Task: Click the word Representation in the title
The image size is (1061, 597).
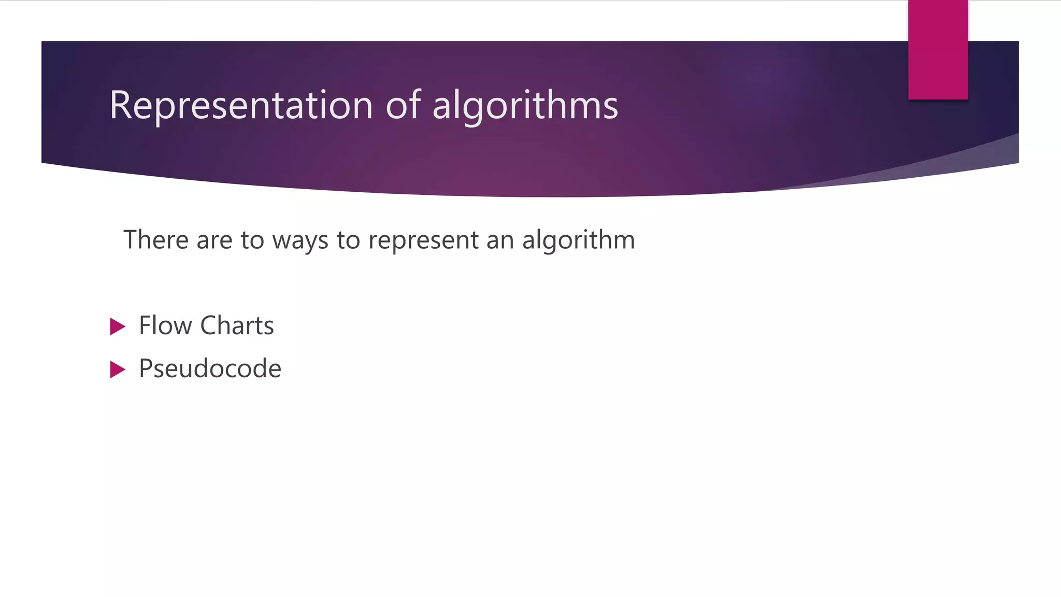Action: coord(241,106)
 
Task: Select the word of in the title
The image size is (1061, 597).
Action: coord(404,106)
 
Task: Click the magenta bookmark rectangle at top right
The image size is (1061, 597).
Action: coord(938,49)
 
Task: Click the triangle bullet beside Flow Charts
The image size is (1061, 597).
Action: coord(118,326)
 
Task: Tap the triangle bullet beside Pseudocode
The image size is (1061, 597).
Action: coord(118,369)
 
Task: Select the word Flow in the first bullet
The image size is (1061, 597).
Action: coord(165,326)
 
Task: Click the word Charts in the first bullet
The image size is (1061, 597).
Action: coord(237,326)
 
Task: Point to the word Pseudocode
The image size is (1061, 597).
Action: coord(210,369)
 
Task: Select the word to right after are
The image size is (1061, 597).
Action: coord(252,241)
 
